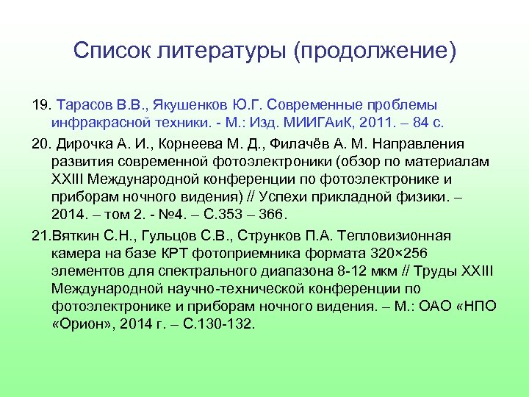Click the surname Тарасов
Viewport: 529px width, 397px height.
tap(82, 105)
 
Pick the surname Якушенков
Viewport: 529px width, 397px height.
tap(189, 105)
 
